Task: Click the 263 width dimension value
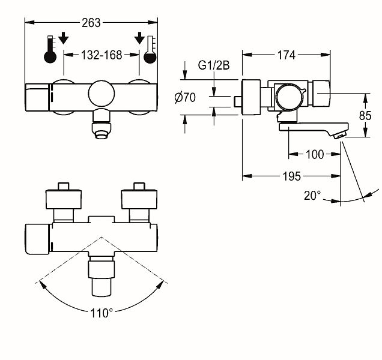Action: (x=91, y=23)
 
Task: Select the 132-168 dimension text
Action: (x=102, y=55)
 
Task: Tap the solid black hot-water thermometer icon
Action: (x=50, y=49)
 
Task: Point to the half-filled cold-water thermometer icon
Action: (x=150, y=50)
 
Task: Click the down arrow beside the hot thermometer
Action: (x=64, y=38)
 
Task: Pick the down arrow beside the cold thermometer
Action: (x=139, y=38)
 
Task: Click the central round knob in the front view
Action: (x=102, y=94)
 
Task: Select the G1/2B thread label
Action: (x=214, y=65)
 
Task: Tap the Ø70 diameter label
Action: (x=185, y=98)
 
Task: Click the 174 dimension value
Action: (x=286, y=55)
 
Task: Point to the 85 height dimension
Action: (x=365, y=116)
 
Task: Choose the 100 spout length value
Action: (x=315, y=154)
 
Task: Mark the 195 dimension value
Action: (x=292, y=176)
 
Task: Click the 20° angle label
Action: (x=312, y=196)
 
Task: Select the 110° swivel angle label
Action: (x=102, y=313)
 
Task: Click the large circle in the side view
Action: (x=289, y=97)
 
